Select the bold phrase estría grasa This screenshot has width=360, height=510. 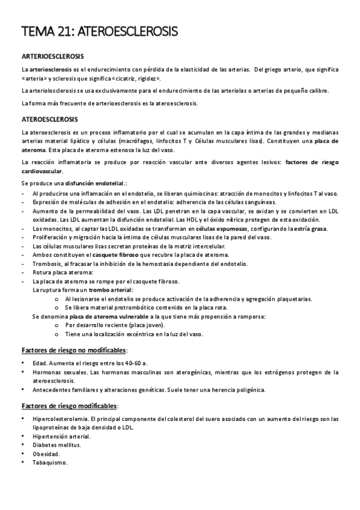308,229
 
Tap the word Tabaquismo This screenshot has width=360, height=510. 50,462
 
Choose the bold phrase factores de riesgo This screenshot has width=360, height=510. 311,162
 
